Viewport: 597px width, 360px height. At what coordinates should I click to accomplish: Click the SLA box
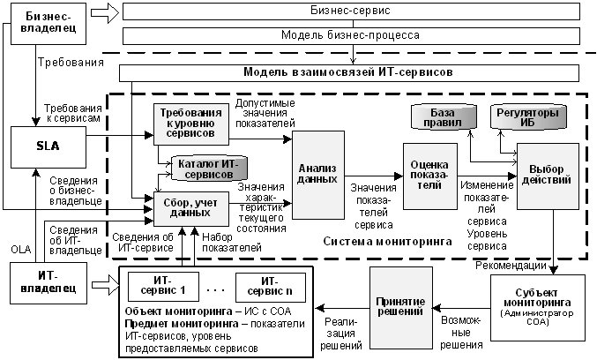click(49, 147)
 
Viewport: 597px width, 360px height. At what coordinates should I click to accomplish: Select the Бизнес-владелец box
click(49, 24)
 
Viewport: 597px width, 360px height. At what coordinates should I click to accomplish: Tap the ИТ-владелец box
click(49, 283)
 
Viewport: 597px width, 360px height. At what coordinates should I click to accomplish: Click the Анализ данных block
click(318, 175)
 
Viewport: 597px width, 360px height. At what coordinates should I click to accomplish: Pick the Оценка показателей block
click(430, 176)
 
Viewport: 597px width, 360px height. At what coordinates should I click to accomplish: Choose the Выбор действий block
click(548, 176)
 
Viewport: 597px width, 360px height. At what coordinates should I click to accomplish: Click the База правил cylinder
click(444, 117)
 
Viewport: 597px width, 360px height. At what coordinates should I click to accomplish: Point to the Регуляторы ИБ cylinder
click(528, 117)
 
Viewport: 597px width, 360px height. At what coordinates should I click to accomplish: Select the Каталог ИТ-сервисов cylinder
click(209, 169)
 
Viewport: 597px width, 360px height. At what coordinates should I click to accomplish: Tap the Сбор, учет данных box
click(191, 209)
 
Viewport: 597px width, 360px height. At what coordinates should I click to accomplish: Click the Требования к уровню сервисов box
click(191, 124)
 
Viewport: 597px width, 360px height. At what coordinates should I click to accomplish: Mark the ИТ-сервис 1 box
click(163, 287)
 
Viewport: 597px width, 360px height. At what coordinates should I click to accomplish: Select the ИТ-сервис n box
click(271, 288)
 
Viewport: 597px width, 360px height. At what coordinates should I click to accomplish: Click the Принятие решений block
click(401, 308)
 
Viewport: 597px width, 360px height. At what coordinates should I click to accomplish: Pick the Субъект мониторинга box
click(538, 307)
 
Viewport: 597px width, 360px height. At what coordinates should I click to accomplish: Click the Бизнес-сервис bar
click(351, 11)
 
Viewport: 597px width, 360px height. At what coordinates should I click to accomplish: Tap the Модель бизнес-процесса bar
click(351, 36)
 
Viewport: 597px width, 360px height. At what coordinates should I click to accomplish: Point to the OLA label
click(21, 250)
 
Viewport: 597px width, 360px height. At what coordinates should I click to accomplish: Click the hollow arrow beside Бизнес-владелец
click(105, 12)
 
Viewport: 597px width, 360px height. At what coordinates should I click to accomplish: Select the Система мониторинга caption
click(388, 242)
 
